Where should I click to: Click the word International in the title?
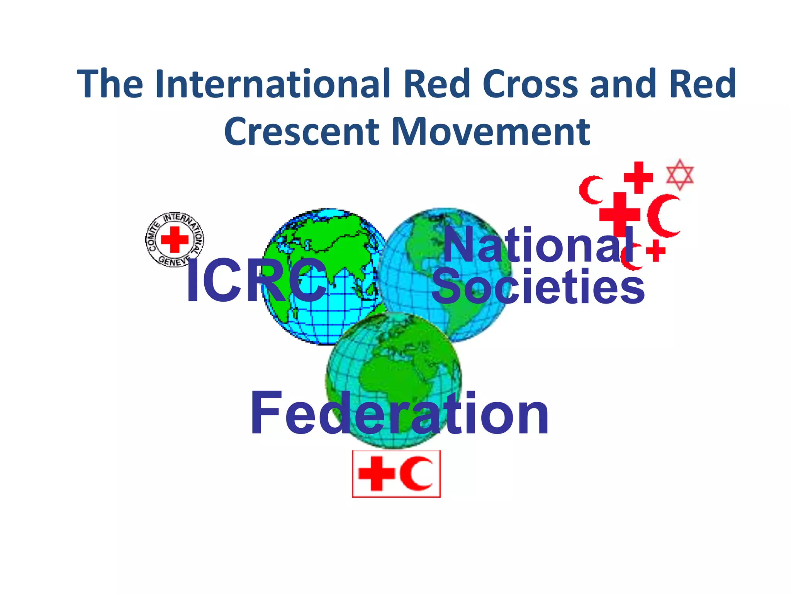coord(277,84)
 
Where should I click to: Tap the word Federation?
coord(399,414)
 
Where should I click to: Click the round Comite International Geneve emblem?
coord(175,239)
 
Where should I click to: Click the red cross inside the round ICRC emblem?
coord(175,239)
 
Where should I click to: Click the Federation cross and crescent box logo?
coord(396,474)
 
